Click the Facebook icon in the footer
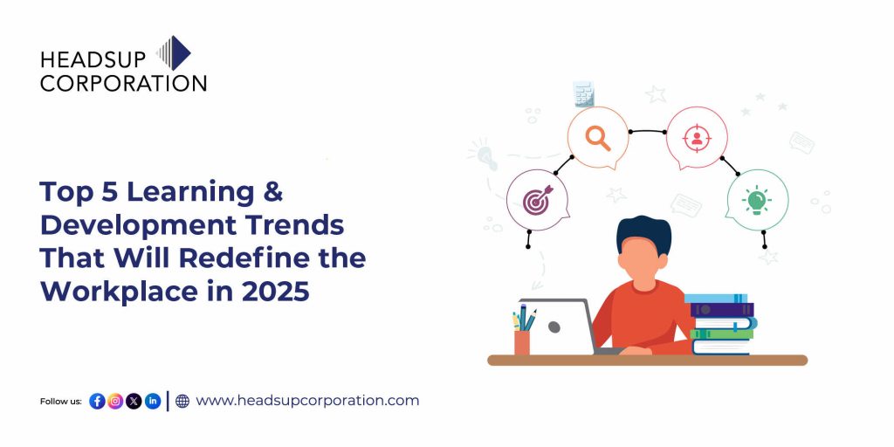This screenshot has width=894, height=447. (x=97, y=401)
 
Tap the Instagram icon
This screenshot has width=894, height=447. (x=115, y=401)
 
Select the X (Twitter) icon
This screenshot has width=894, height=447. (x=134, y=401)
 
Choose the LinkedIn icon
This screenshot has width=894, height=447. (x=153, y=401)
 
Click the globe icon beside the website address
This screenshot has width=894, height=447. (x=182, y=401)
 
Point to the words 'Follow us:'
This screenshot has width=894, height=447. (x=61, y=402)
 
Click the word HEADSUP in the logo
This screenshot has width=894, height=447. (x=95, y=58)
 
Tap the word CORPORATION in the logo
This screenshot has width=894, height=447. (x=123, y=83)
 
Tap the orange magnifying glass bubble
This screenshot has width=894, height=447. (x=598, y=137)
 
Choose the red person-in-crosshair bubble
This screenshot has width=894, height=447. (x=696, y=137)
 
